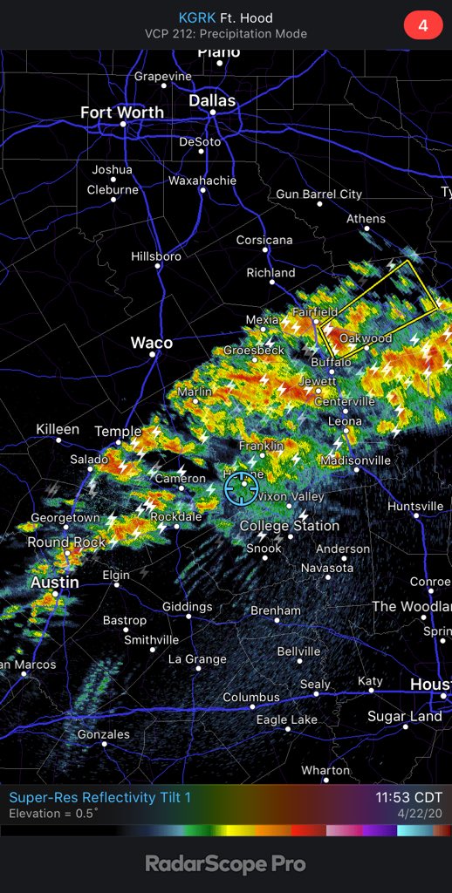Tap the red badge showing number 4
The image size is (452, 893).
pos(422,25)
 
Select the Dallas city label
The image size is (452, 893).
pos(212,101)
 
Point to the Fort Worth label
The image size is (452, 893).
pos(121,112)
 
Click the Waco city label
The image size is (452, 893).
pos(151,343)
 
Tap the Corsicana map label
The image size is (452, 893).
pos(264,240)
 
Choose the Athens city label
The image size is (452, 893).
pos(366,219)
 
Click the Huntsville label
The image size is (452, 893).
pos(415,506)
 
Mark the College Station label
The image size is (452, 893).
pos(289,526)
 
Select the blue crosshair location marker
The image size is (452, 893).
pos(239,489)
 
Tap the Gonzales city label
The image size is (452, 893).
pos(103,734)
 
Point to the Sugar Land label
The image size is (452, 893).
pos(404,716)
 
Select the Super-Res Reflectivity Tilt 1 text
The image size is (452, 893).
pos(99,797)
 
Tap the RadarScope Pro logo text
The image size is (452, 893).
pos(225,863)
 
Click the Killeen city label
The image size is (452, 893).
pos(58,429)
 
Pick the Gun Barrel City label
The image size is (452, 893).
pos(318,194)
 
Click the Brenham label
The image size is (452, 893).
pos(275,610)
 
